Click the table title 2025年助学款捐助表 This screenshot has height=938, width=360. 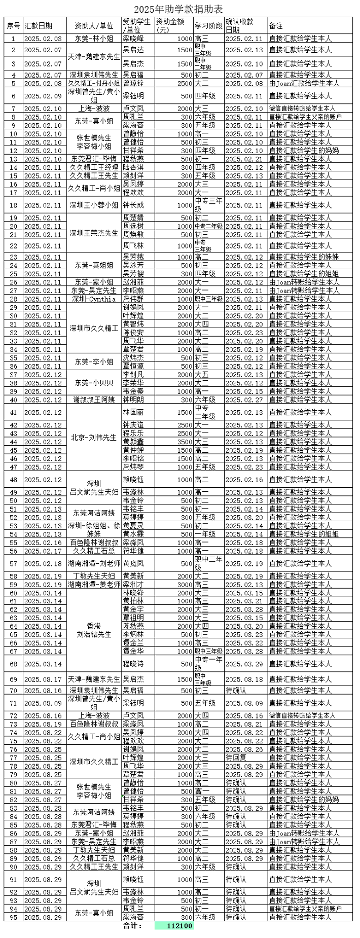point(178,10)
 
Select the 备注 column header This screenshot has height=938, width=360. point(276,25)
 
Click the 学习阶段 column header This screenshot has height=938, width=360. point(208,25)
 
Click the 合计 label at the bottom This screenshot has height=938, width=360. point(133,926)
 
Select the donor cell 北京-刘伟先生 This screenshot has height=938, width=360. point(94,437)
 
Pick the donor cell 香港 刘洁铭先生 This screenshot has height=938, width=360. point(94,630)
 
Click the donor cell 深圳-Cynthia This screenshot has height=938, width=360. point(94,299)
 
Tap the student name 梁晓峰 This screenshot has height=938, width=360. point(133,39)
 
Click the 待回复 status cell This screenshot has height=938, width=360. point(236,757)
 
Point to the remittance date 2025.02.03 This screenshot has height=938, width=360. point(43,39)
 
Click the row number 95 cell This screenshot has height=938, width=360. point(13,917)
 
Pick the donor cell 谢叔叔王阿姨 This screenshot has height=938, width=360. point(94,400)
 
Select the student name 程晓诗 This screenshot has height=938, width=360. point(133,664)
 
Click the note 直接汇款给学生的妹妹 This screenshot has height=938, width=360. point(304,257)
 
